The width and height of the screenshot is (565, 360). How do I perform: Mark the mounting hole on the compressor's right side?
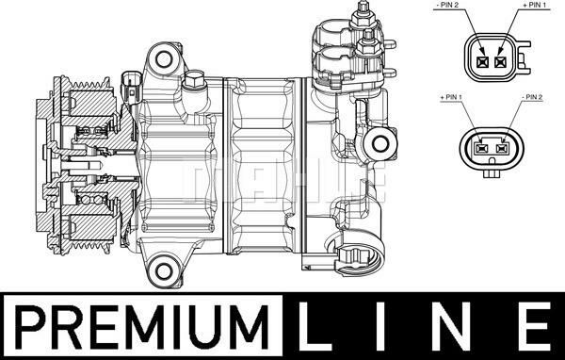[380, 143]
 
